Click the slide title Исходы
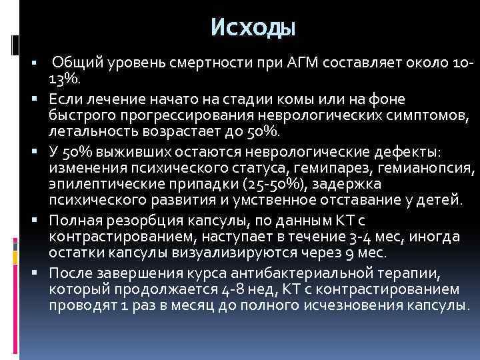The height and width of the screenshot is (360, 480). tap(253, 27)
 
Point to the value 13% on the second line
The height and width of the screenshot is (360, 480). tap(64, 79)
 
